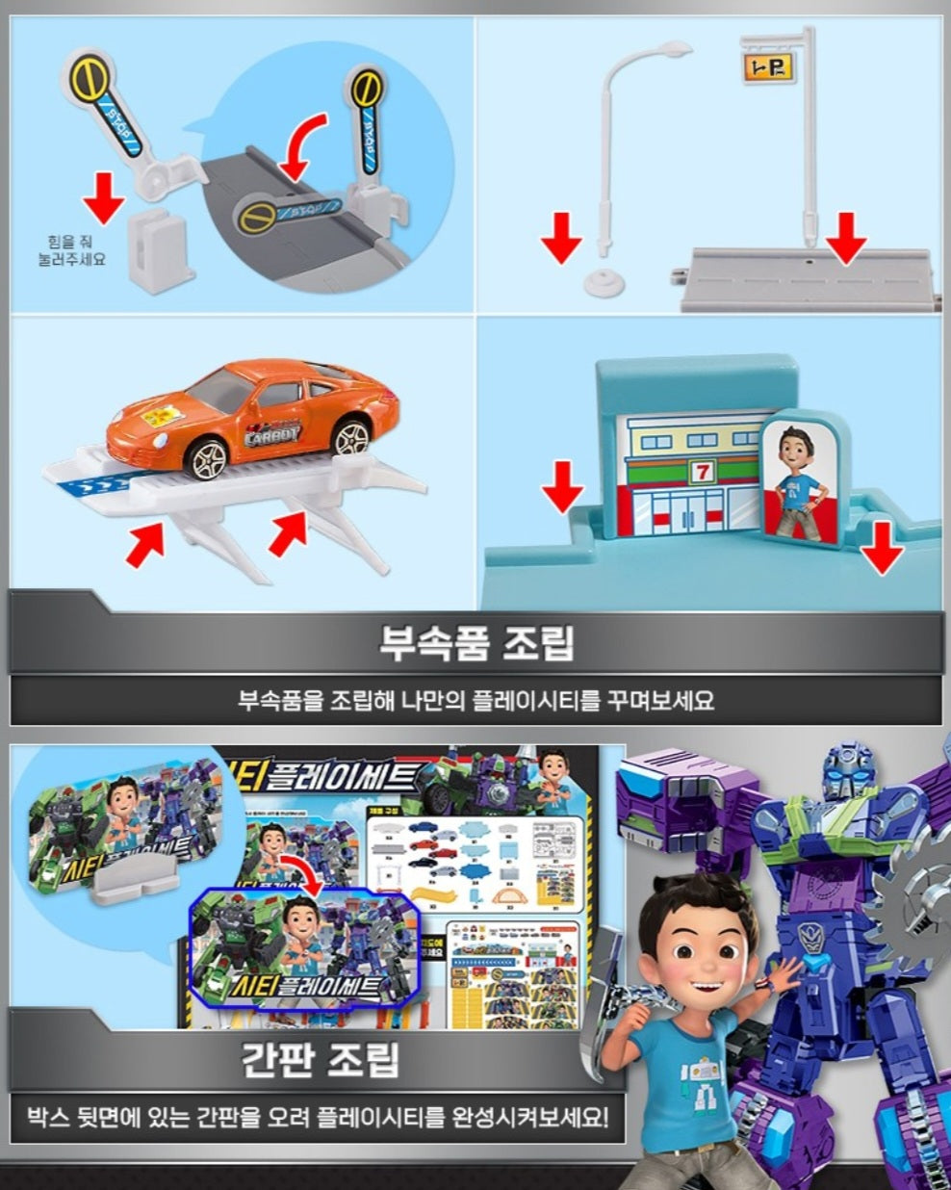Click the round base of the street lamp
pyautogui.click(x=603, y=282)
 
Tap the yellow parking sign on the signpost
pyautogui.click(x=766, y=65)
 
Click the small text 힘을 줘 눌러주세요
pyautogui.click(x=76, y=250)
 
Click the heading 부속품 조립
pyautogui.click(x=475, y=642)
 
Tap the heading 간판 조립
pyautogui.click(x=318, y=1060)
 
